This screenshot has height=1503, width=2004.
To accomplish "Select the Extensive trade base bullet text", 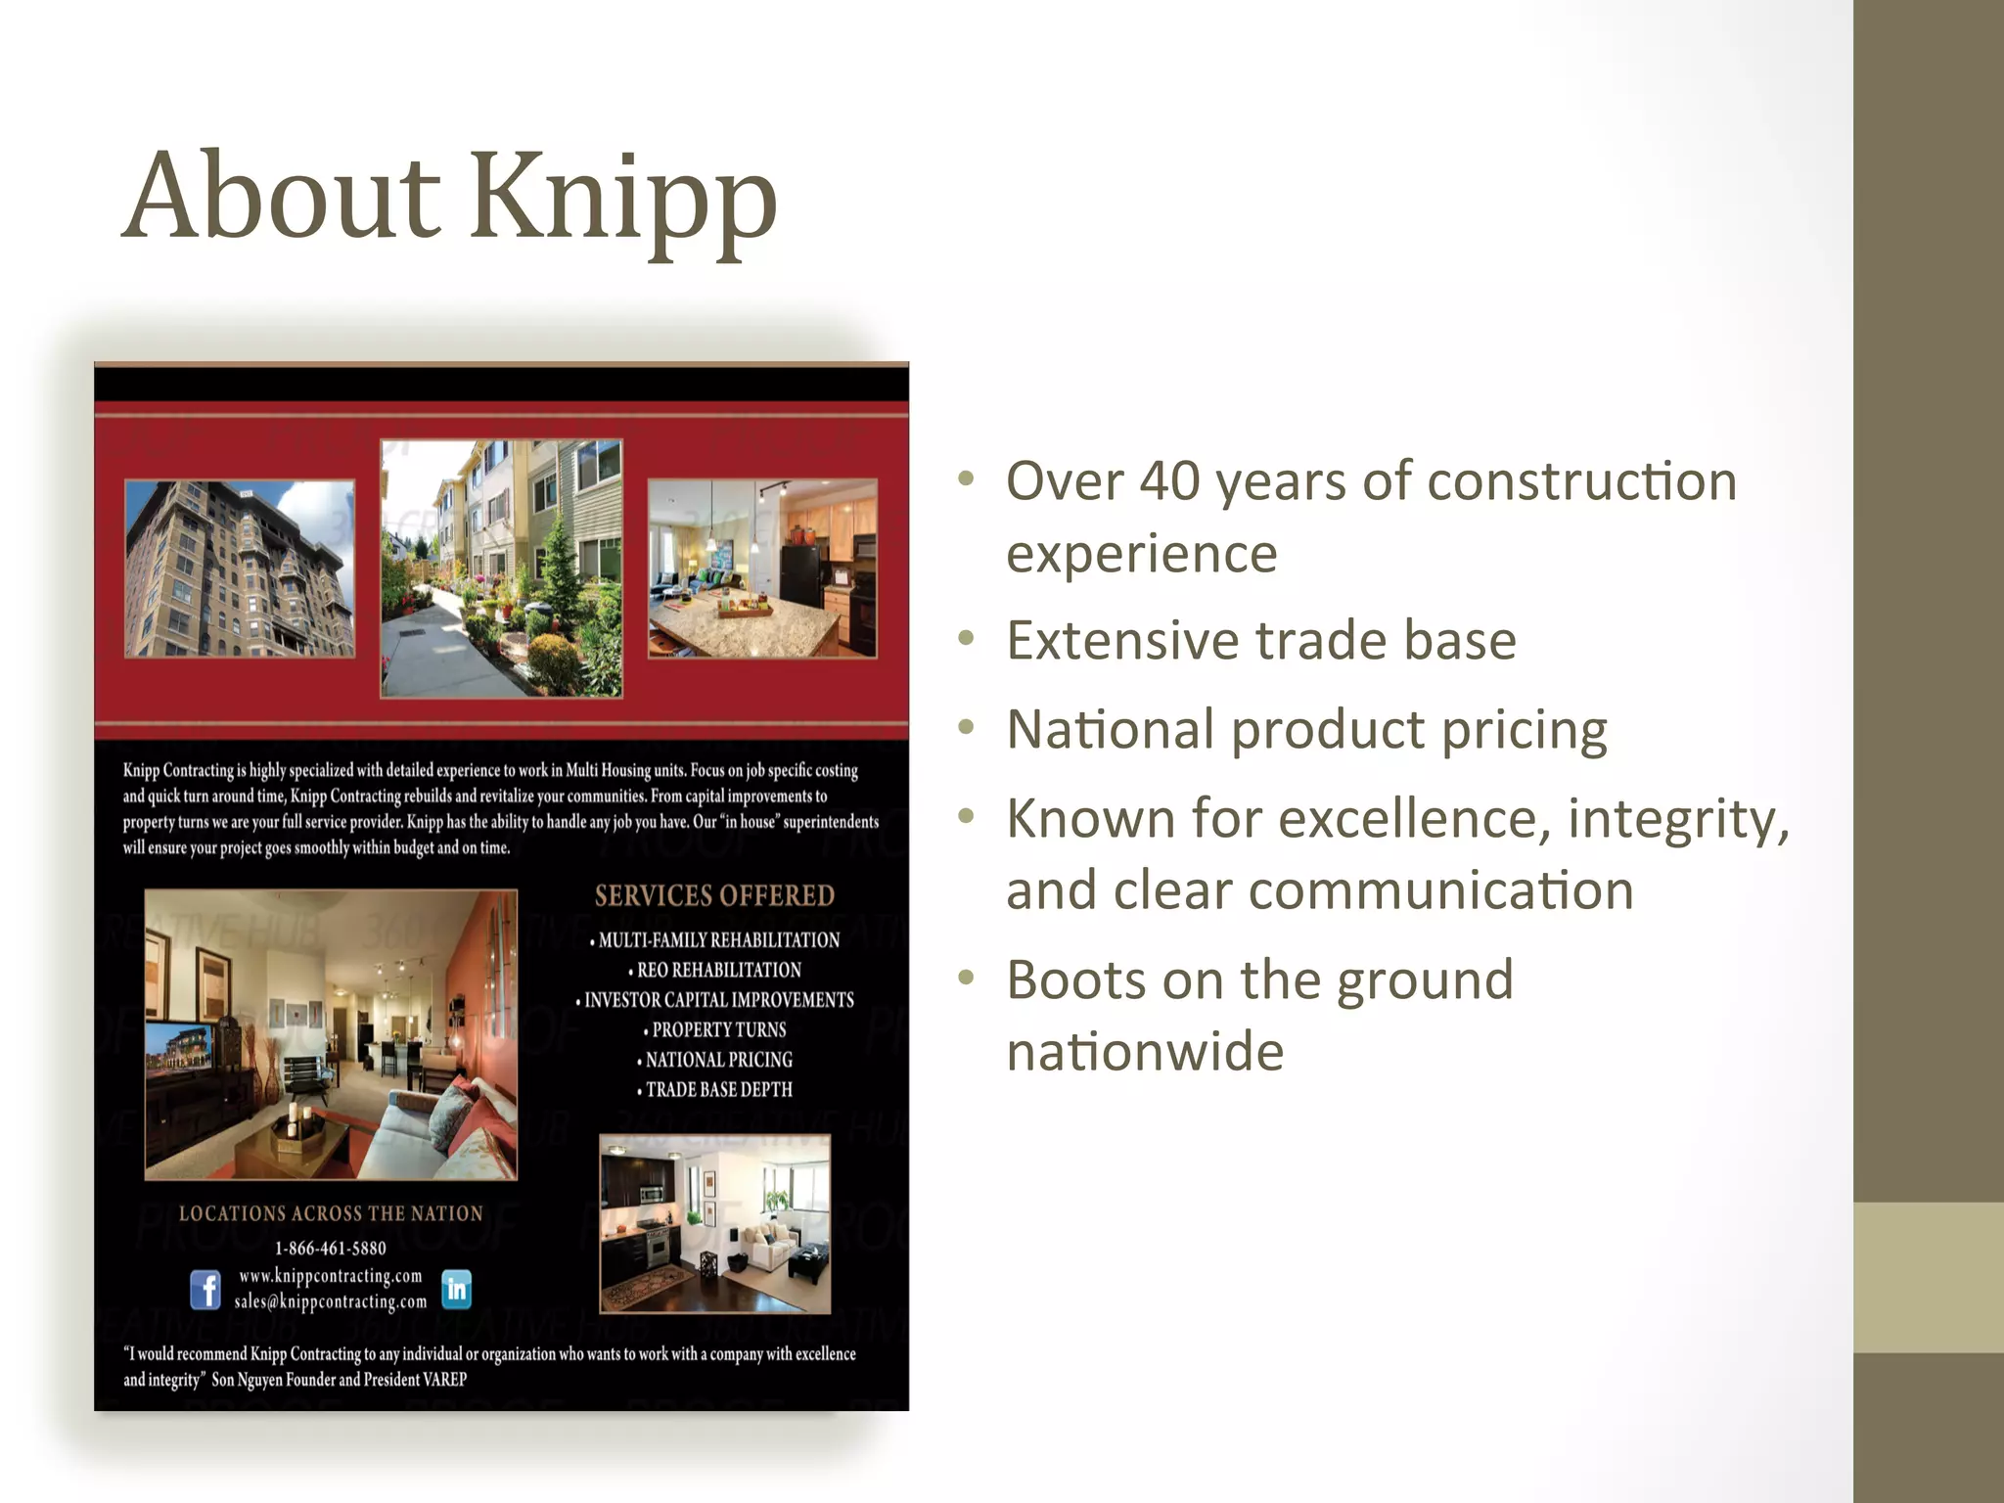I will (x=1260, y=641).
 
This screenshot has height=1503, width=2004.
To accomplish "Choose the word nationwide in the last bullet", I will (x=1145, y=1053).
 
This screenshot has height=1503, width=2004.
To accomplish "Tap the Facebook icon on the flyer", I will (x=205, y=1289).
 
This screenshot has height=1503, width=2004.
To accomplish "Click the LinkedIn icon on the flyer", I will (x=457, y=1289).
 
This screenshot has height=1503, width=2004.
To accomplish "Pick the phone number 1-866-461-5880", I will (x=331, y=1248).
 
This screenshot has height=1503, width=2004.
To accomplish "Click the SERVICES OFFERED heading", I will (x=714, y=895).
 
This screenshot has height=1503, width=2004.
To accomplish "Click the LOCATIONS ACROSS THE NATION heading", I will (x=331, y=1213).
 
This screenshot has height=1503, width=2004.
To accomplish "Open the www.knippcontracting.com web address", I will (x=331, y=1275).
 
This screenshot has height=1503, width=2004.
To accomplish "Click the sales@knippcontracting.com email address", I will (x=331, y=1301).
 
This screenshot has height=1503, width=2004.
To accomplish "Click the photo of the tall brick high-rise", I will (x=240, y=568).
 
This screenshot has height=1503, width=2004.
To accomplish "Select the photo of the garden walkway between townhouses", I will (x=501, y=568).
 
